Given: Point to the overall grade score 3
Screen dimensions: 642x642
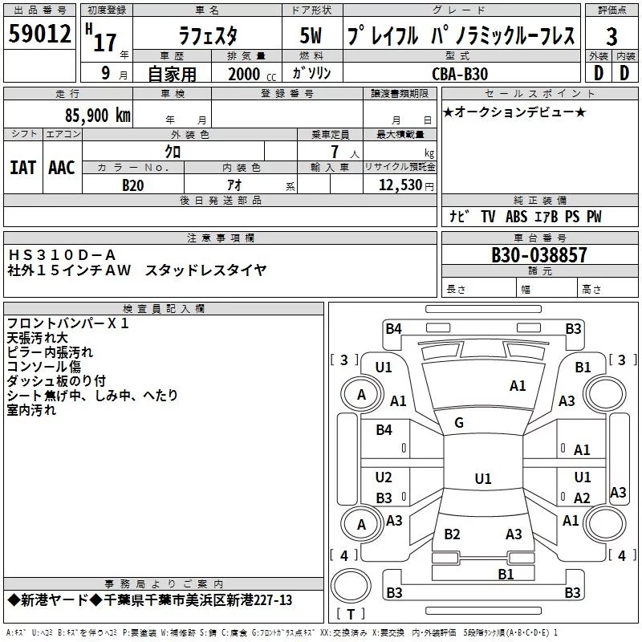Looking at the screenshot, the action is pos(612,37).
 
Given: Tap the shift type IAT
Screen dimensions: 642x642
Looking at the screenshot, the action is pos(22,167).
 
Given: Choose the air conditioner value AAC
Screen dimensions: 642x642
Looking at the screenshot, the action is pos(61,167).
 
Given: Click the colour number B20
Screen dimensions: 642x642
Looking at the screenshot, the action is pos(133,185).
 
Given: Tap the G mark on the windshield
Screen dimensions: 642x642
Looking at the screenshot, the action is pos(459,423).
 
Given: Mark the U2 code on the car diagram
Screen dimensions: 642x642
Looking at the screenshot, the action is pos(384,477).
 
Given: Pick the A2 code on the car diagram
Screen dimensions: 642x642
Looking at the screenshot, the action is pos(582,498).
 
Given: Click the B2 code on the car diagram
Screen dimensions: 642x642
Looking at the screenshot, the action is pos(452,534).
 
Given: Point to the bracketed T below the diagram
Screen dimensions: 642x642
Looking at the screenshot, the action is pos(351,614).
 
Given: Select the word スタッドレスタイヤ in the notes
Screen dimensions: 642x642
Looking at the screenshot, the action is pos(205,270).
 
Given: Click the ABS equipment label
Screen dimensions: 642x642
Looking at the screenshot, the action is pos(517,217).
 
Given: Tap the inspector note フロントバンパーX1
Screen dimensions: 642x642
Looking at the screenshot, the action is pos(67,323).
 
